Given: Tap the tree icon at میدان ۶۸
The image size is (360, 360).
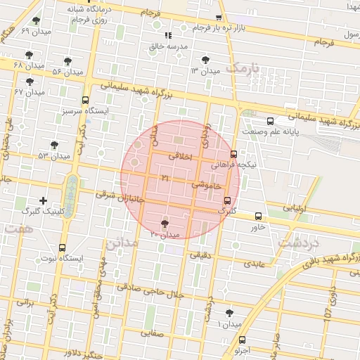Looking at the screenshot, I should pyautogui.click(x=29, y=54).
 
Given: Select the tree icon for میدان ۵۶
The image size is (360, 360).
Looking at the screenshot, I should pyautogui.click(x=68, y=61).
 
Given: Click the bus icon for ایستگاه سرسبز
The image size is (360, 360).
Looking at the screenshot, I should pyautogui.click(x=86, y=100).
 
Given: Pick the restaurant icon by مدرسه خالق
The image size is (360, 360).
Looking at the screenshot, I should pyautogui.click(x=168, y=35).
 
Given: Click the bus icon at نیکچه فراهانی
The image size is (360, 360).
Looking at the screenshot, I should pyautogui.click(x=233, y=153).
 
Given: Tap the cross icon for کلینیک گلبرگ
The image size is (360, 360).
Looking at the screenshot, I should pyautogui.click(x=44, y=200).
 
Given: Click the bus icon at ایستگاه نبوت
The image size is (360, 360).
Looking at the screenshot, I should pyautogui.click(x=63, y=247).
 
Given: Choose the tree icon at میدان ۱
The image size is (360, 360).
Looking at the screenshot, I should pyautogui.click(x=230, y=313).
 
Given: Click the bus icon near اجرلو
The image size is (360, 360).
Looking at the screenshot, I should pyautogui.click(x=236, y=338).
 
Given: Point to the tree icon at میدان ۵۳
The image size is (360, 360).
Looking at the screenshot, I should pyautogui.click(x=55, y=145).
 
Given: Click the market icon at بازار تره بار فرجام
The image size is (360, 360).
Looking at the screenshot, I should pyautogui.click(x=219, y=18).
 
